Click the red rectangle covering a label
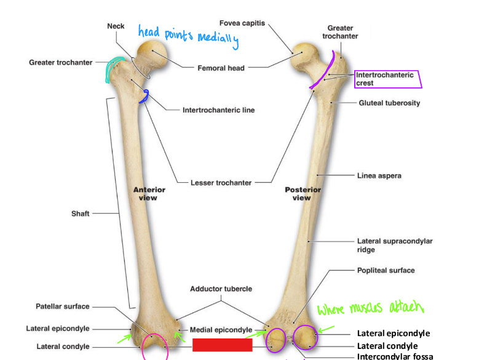222,345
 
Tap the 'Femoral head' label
221,68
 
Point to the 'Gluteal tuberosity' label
389,103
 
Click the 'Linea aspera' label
379,175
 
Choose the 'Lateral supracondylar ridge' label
394,245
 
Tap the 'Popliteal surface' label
386,270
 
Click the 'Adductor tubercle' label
221,288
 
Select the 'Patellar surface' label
63,306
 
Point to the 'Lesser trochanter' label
220,182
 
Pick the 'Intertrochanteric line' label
218,110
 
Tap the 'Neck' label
116,26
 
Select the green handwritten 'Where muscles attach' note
371,307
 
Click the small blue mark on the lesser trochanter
145,96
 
